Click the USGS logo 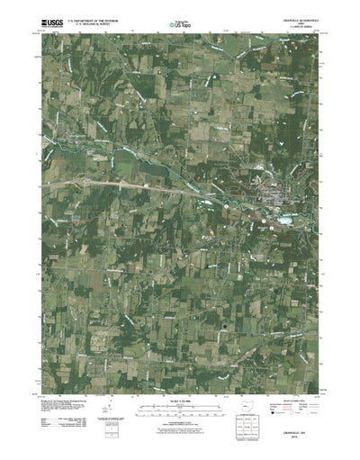click(x=42, y=15)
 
